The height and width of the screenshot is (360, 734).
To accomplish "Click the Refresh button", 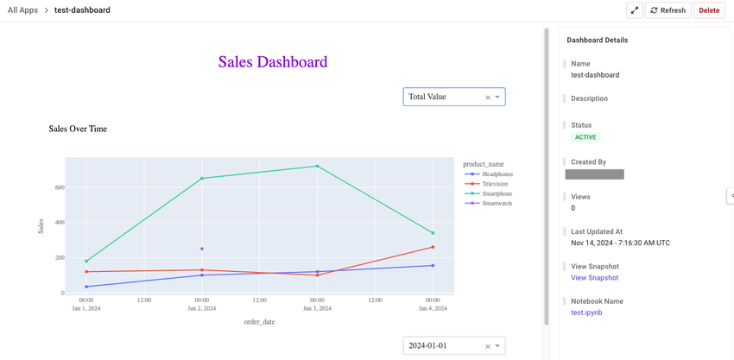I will point(668,10).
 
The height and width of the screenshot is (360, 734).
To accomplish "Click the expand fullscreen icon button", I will point(634,10).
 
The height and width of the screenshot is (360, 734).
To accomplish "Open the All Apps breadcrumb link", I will point(22,10).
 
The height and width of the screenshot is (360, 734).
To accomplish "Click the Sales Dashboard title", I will point(273,62).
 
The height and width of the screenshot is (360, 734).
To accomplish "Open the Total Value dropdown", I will point(445,97).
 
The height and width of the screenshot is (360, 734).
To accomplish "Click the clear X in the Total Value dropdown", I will point(487,98).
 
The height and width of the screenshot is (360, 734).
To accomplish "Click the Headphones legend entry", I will point(497,174).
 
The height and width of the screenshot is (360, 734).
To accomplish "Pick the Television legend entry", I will point(495,184).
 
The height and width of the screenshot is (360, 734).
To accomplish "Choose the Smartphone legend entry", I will point(497,193).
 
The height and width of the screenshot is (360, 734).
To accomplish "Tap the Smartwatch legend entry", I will point(497,203).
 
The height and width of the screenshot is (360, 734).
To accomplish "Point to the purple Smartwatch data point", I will point(202,249).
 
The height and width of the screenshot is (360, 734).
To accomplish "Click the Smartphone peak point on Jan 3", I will point(317,166).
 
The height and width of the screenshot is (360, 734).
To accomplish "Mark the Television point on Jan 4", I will point(433,247).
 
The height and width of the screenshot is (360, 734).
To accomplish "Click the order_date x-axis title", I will point(259,322).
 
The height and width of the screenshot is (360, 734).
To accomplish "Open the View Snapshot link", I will point(594,278).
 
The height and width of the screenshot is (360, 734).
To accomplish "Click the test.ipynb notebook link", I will point(586,313).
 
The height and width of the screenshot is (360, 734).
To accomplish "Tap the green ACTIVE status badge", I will point(585,137).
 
